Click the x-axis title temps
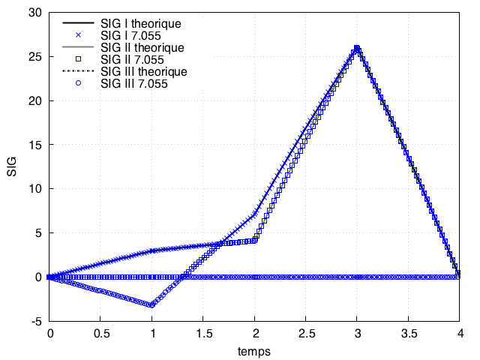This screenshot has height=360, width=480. coord(254,350)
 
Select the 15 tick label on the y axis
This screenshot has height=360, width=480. coord(34,145)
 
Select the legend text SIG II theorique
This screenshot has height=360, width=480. coord(142,48)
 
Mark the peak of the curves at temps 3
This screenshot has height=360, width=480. coord(357,48)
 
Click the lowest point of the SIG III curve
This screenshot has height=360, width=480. coord(152,305)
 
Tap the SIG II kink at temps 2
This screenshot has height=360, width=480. coord(255,240)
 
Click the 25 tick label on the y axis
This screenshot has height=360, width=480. coord(34,57)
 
